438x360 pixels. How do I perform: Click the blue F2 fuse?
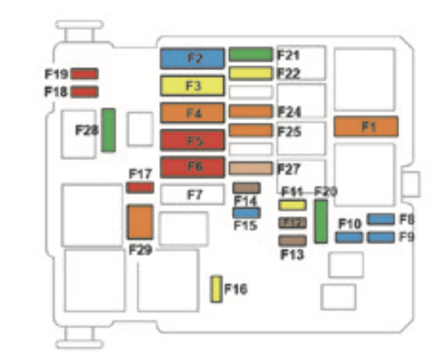click(x=192, y=58)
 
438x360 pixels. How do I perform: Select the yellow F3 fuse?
click(x=192, y=86)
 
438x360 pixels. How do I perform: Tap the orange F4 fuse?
click(x=192, y=113)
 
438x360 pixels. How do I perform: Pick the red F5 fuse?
click(x=192, y=140)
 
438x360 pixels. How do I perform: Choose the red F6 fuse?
click(x=192, y=167)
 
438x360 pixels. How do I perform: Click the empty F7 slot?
click(x=192, y=194)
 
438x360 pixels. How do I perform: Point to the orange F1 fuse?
click(x=366, y=126)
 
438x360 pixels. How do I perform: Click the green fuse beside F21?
click(x=250, y=54)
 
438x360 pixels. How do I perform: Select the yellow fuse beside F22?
click(x=250, y=73)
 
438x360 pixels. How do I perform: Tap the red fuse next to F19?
click(x=84, y=74)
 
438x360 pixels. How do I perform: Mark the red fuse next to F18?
click(x=84, y=92)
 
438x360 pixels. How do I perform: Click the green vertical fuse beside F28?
click(x=108, y=130)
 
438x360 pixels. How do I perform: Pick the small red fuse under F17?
click(x=140, y=187)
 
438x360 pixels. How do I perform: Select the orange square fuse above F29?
click(x=140, y=222)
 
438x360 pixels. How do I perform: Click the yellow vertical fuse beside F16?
click(x=216, y=289)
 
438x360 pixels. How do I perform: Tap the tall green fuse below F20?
click(x=321, y=221)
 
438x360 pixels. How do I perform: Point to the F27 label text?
click(x=289, y=169)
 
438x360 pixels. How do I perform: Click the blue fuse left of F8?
click(x=381, y=219)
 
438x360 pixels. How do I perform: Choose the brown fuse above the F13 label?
click(x=292, y=241)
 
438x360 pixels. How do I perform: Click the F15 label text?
click(x=245, y=225)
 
